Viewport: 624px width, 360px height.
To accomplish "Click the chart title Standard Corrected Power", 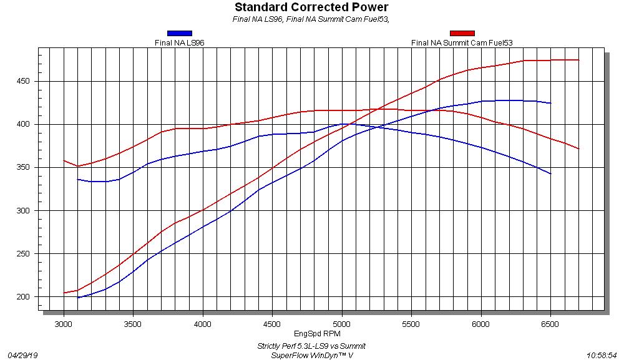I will (x=311, y=7).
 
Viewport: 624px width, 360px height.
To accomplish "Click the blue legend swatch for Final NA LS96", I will (x=180, y=33).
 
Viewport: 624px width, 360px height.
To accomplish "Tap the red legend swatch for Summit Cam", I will (x=462, y=33).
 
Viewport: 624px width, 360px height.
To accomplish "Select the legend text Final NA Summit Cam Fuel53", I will (x=462, y=42).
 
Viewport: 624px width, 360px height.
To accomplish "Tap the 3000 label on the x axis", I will (x=63, y=324).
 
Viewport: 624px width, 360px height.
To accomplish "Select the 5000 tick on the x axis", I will (x=341, y=324).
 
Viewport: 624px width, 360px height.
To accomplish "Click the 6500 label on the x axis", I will (x=550, y=324).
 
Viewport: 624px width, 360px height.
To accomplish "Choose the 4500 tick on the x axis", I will (x=272, y=324).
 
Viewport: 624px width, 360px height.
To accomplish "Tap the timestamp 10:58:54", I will (x=602, y=354).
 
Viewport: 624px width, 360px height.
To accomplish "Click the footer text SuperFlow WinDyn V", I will (x=311, y=354).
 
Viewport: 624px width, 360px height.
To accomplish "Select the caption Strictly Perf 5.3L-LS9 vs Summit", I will (x=311, y=346).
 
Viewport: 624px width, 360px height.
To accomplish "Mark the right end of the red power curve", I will (x=578, y=60).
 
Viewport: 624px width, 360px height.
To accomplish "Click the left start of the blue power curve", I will (x=77, y=298).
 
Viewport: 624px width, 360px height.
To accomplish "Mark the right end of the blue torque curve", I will (x=550, y=173).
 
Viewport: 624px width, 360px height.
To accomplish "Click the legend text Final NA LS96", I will (x=180, y=42).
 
